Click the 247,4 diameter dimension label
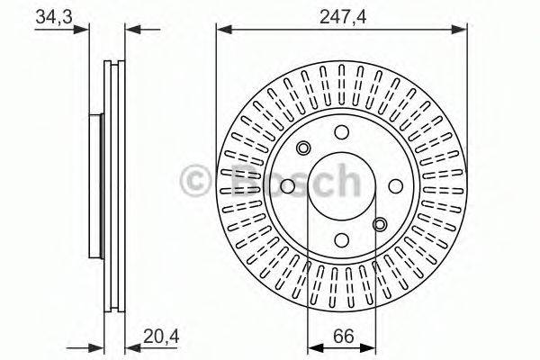click(x=340, y=15)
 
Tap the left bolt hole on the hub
click(x=286, y=186)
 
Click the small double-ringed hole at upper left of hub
click(x=303, y=148)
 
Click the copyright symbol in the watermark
click(x=195, y=179)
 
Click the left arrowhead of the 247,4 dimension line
click(x=220, y=30)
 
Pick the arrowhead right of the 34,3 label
click(x=86, y=30)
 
